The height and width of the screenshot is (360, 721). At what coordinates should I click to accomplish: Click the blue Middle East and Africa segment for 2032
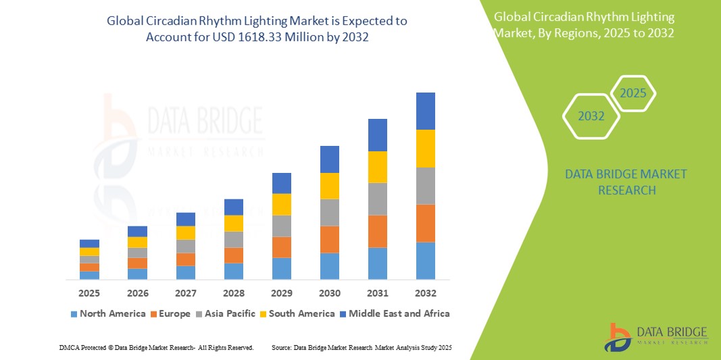425,111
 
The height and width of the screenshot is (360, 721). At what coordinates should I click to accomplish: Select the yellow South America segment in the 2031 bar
377,167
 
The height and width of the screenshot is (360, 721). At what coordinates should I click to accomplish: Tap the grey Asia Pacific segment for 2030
329,212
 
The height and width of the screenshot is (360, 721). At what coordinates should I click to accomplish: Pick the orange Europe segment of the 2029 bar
281,247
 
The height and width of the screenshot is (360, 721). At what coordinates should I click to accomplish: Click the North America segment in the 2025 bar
89,275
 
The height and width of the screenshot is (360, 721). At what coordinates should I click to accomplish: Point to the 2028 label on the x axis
233,293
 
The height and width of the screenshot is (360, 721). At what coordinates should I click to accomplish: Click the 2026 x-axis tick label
137,293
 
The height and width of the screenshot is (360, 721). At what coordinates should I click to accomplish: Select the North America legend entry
107,313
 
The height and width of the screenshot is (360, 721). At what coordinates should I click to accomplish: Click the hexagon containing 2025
633,93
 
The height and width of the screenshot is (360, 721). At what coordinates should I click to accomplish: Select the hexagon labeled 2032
591,116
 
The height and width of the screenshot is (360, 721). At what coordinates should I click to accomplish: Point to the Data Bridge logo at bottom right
655,336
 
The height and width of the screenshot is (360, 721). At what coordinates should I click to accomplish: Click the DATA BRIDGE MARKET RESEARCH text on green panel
616,182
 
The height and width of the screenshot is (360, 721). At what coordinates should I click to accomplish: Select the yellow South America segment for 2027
185,232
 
